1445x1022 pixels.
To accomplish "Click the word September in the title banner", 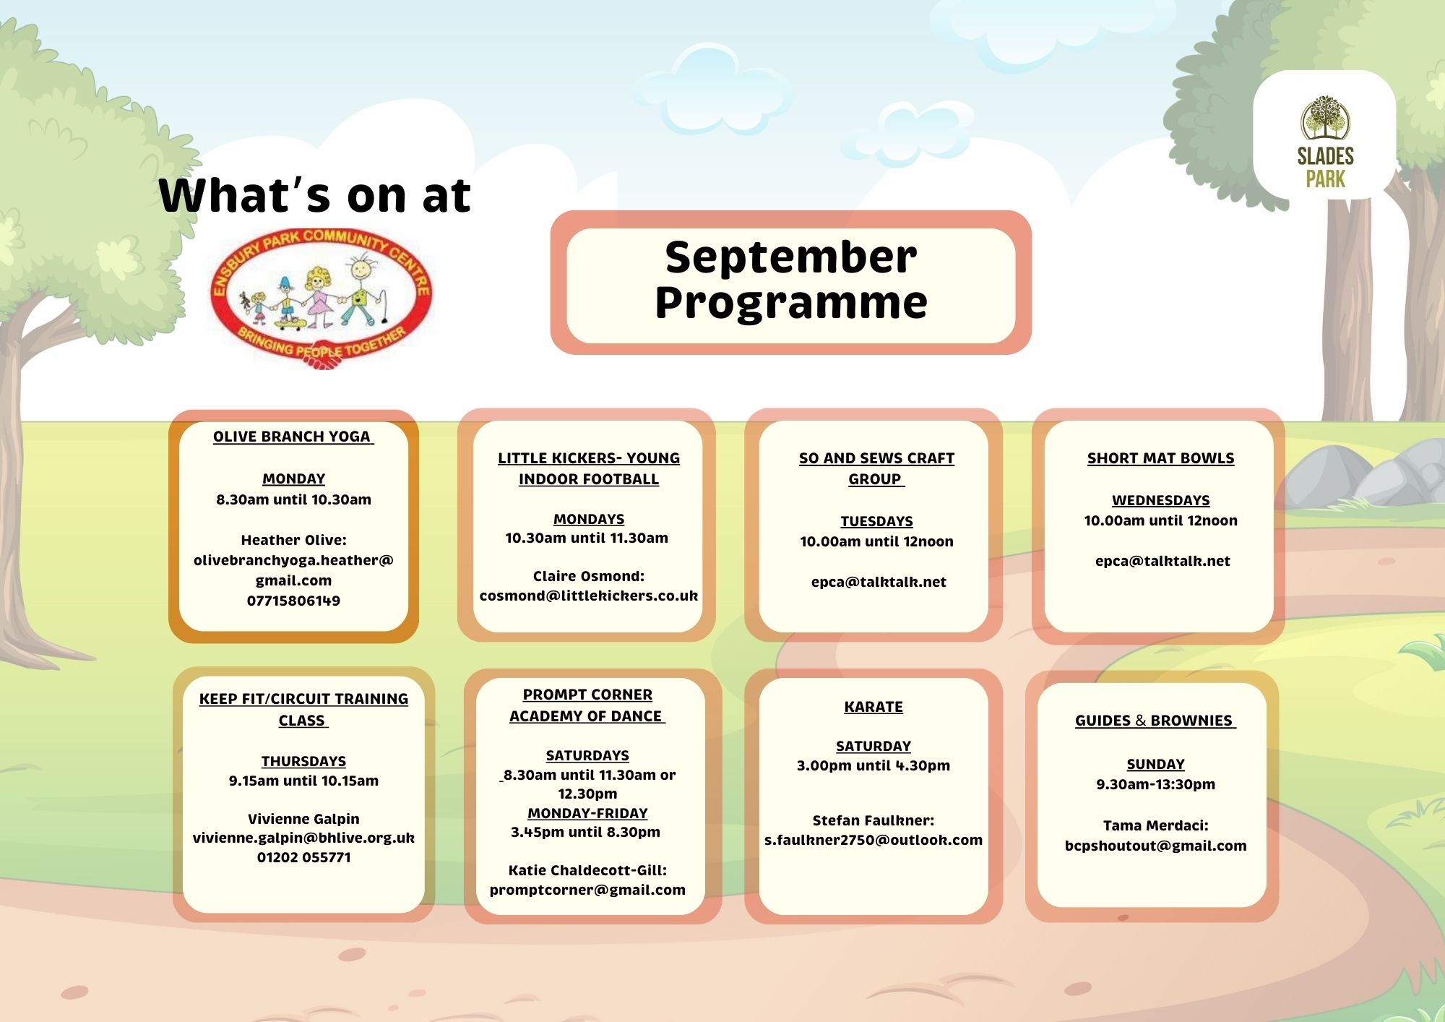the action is tap(791, 258).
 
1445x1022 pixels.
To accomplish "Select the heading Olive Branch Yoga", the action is tap(292, 437).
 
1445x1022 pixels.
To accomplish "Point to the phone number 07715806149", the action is tap(293, 601).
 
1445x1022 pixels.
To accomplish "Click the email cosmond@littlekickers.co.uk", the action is tap(589, 596).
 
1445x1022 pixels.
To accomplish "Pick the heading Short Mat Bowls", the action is tap(1160, 458).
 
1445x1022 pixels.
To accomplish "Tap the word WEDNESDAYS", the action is tap(1160, 500).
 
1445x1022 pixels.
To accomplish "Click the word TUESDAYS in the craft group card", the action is tap(876, 521).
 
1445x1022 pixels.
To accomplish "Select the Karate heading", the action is tap(874, 707).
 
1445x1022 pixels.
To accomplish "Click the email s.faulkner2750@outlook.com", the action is tap(874, 840).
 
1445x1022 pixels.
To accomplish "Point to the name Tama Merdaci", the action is tap(1155, 825).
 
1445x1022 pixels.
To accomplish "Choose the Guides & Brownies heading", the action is tap(1155, 721).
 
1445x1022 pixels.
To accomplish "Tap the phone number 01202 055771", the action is tap(303, 857).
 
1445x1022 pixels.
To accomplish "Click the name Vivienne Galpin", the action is tap(303, 819).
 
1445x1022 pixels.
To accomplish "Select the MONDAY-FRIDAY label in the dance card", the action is tap(587, 813).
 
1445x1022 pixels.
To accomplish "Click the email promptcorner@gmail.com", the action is tap(587, 890).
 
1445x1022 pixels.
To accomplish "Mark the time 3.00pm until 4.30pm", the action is tap(874, 765).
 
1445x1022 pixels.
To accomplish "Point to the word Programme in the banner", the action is tap(791, 304).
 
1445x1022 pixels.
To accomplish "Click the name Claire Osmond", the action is tap(589, 576).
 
